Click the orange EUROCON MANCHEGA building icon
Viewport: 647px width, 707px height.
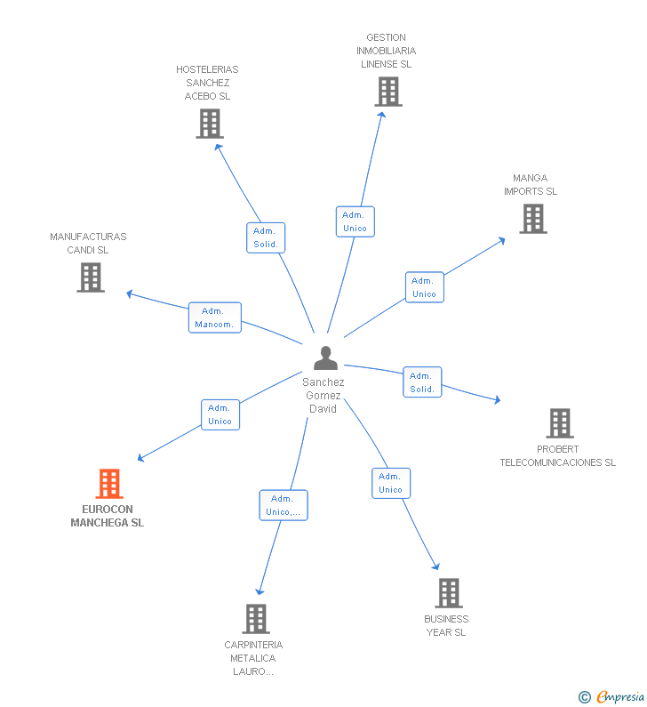pyautogui.click(x=109, y=484)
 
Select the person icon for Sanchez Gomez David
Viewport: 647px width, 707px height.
pyautogui.click(x=325, y=358)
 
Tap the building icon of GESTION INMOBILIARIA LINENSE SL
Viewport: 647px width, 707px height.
pyautogui.click(x=388, y=92)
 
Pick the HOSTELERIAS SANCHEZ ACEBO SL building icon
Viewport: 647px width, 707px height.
pyautogui.click(x=210, y=124)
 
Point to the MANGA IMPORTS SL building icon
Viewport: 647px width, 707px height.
pyautogui.click(x=533, y=219)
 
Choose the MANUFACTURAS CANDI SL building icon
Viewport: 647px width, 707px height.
pyautogui.click(x=91, y=277)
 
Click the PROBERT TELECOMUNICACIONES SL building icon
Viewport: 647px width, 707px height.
pyautogui.click(x=560, y=423)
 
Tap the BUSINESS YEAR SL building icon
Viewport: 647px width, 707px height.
pyautogui.click(x=449, y=593)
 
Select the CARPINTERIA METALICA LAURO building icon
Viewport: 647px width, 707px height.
pyautogui.click(x=256, y=619)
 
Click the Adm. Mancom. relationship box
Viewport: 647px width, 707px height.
pyautogui.click(x=215, y=317)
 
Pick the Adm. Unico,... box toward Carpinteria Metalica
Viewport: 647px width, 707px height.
pyautogui.click(x=284, y=505)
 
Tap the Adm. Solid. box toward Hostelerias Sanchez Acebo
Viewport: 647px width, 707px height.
pyautogui.click(x=266, y=237)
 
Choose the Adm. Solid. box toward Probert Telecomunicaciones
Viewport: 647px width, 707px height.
pyautogui.click(x=422, y=382)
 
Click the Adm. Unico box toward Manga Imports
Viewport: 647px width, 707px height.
pyautogui.click(x=425, y=287)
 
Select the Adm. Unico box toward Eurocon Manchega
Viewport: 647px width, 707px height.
pyautogui.click(x=220, y=414)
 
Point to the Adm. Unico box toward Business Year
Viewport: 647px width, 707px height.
pyautogui.click(x=391, y=484)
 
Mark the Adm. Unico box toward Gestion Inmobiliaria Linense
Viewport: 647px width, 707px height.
pyautogui.click(x=355, y=221)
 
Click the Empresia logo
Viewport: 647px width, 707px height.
pyautogui.click(x=611, y=697)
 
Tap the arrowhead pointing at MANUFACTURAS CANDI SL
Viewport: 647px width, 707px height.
pyautogui.click(x=130, y=294)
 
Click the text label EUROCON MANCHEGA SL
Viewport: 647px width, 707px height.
pyautogui.click(x=108, y=516)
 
